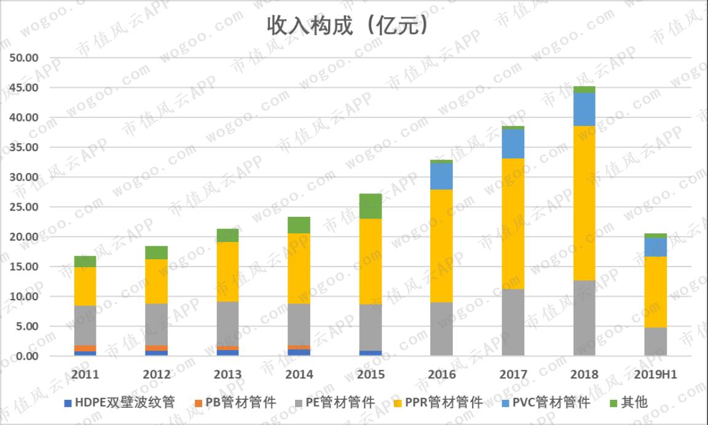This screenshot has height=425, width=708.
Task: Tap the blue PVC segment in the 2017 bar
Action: click(513, 144)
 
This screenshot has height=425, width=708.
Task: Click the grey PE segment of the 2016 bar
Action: click(442, 329)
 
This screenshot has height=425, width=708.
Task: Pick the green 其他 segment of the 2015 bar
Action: click(371, 206)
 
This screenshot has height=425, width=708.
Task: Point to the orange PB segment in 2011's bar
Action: click(85, 348)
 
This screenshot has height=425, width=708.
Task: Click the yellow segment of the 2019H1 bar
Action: click(656, 292)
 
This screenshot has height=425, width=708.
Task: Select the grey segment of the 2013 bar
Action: click(227, 324)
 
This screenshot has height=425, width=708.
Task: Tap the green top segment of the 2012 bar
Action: click(157, 252)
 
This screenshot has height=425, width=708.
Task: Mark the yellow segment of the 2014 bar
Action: click(299, 268)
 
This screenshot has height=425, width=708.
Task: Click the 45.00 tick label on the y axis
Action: click(24, 88)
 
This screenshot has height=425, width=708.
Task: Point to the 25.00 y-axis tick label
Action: click(24, 207)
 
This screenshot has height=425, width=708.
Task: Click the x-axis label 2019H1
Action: click(656, 375)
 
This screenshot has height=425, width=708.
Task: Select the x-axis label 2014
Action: click(299, 375)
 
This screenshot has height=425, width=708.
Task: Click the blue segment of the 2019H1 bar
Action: click(656, 247)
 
